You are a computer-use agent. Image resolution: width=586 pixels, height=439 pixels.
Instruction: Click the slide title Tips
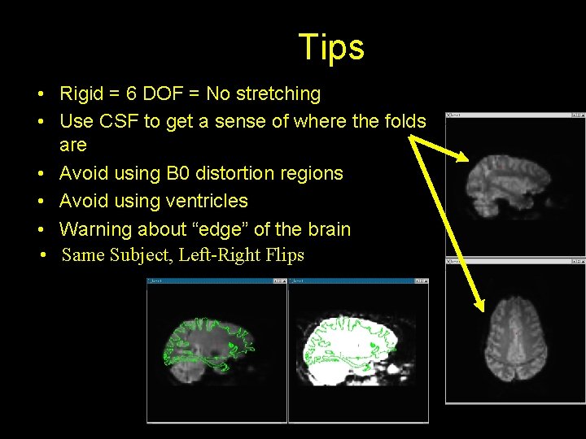pos(331,47)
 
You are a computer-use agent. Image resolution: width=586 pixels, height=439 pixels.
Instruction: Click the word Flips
pos(285,255)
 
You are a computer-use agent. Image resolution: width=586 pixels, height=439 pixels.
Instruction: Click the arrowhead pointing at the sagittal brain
pos(463,158)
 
